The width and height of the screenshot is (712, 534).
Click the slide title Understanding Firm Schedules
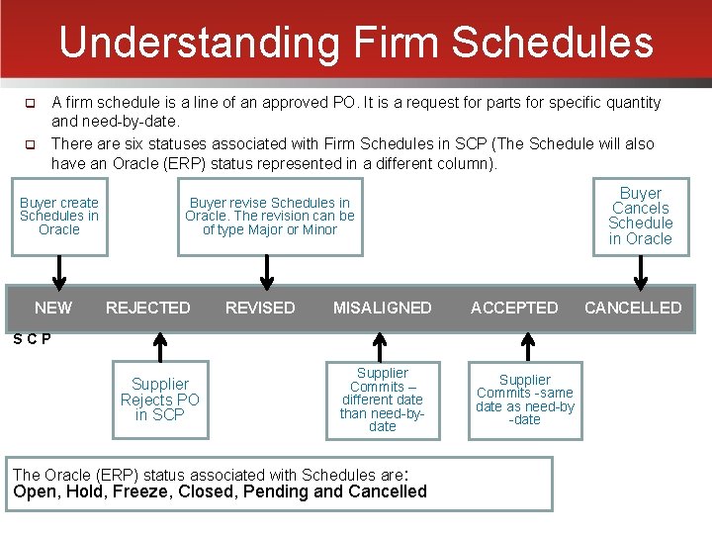(356, 43)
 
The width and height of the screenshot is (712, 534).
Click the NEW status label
(52, 308)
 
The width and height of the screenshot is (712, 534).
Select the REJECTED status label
(148, 308)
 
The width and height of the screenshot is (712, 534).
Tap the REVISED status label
(260, 308)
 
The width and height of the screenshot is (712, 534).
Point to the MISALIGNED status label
(382, 308)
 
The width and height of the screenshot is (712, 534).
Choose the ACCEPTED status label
(514, 308)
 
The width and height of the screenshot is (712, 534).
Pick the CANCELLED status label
(633, 308)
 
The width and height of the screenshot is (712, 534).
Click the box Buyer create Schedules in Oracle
(59, 216)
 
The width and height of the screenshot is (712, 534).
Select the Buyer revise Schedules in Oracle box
(270, 216)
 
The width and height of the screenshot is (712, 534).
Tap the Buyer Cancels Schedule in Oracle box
(641, 216)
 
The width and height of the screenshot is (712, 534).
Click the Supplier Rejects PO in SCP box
(160, 399)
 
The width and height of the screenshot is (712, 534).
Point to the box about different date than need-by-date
(382, 399)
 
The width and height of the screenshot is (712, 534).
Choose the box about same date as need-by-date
(525, 399)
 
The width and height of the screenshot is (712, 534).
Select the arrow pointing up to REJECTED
(157, 347)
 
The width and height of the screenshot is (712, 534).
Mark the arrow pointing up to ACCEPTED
(527, 347)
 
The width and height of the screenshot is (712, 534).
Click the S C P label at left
(33, 339)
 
